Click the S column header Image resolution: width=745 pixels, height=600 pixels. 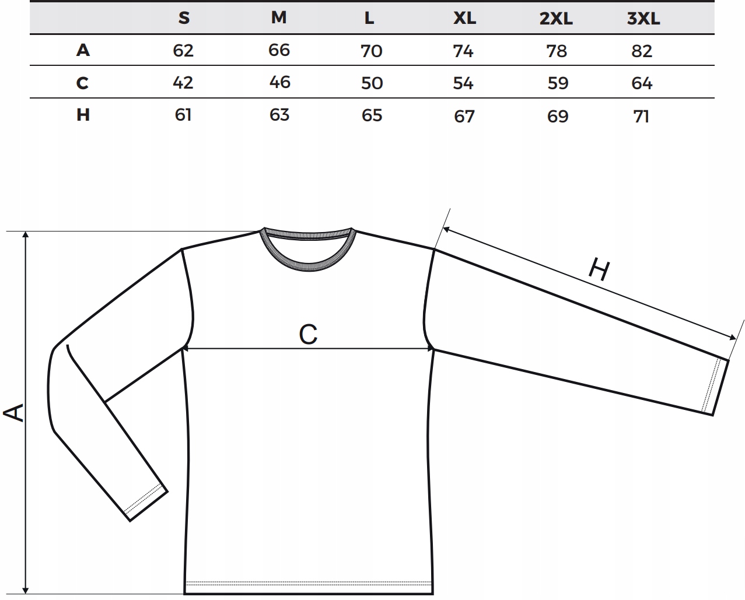point(184,18)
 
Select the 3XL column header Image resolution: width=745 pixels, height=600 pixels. point(643,19)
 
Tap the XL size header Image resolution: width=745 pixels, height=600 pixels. point(464,18)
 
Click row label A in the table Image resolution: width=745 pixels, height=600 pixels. point(83,50)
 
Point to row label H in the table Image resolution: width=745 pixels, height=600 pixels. point(83,114)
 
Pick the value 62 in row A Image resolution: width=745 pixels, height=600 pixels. point(183,51)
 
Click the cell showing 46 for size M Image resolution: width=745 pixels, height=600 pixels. point(279,82)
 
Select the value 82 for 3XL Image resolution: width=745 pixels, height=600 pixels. point(642,51)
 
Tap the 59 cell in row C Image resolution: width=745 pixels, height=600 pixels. point(558,83)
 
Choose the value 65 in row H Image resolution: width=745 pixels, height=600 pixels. point(372,115)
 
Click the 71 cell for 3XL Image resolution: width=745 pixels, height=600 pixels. point(641,116)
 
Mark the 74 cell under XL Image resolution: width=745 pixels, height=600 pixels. point(463,51)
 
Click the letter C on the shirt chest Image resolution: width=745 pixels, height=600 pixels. point(308,335)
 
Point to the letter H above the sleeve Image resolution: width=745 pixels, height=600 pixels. point(599,270)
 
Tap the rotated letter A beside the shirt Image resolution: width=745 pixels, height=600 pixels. point(14,412)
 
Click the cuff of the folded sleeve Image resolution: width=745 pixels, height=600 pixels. point(146,502)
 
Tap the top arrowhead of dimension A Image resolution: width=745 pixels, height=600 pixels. point(25,235)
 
